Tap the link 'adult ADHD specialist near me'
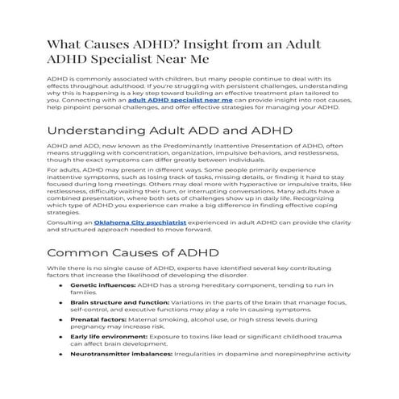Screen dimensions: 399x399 coord(187,102)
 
